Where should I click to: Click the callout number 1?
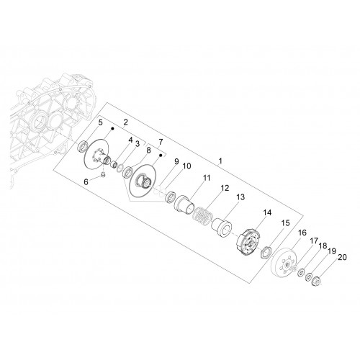pos(220,161)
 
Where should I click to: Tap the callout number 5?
pos(100,122)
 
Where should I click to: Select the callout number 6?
pos(86,182)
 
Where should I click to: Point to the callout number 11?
pos(207,178)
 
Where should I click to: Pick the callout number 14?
pos(267,212)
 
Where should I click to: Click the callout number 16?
pos(302,233)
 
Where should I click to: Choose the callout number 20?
pos(342,257)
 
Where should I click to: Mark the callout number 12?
pos(225,188)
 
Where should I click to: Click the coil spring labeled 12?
pos(203,216)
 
